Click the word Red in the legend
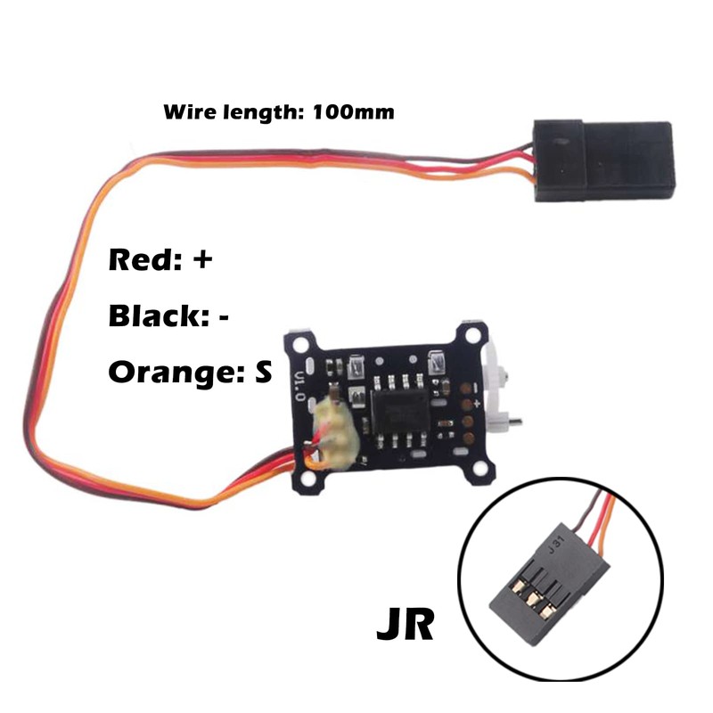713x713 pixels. coord(139,261)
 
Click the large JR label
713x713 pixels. coord(405,625)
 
